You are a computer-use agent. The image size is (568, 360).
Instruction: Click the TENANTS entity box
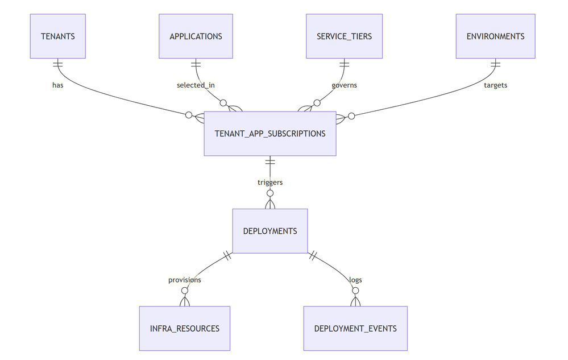tap(57, 36)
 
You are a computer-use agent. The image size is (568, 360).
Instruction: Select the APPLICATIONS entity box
tap(196, 36)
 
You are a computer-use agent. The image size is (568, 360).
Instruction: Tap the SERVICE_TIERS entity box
tap(344, 36)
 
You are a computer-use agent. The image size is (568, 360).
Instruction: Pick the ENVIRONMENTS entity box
tap(495, 36)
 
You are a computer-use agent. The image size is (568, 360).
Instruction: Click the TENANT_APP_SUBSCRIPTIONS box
tap(270, 134)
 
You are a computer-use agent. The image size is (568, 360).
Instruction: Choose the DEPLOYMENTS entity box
tap(270, 231)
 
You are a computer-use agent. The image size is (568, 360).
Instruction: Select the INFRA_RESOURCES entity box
tap(184, 328)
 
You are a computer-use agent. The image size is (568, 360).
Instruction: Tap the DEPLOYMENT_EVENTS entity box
tap(355, 328)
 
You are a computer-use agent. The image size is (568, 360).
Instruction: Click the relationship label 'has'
tap(57, 85)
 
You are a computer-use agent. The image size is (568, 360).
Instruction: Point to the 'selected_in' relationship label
tap(196, 85)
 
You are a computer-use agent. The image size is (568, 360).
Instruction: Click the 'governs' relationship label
tap(344, 85)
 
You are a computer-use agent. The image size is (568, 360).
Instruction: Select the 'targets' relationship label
tap(495, 85)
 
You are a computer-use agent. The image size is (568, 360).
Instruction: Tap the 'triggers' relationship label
tap(270, 183)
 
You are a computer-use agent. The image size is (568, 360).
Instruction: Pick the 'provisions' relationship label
tap(184, 280)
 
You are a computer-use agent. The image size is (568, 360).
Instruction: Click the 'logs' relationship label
tap(355, 280)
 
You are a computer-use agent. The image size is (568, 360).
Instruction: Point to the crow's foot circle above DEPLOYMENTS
tap(270, 193)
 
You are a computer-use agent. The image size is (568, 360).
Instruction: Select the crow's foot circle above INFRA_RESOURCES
tap(184, 291)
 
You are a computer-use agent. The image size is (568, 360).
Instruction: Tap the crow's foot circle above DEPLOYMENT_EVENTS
tap(355, 291)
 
